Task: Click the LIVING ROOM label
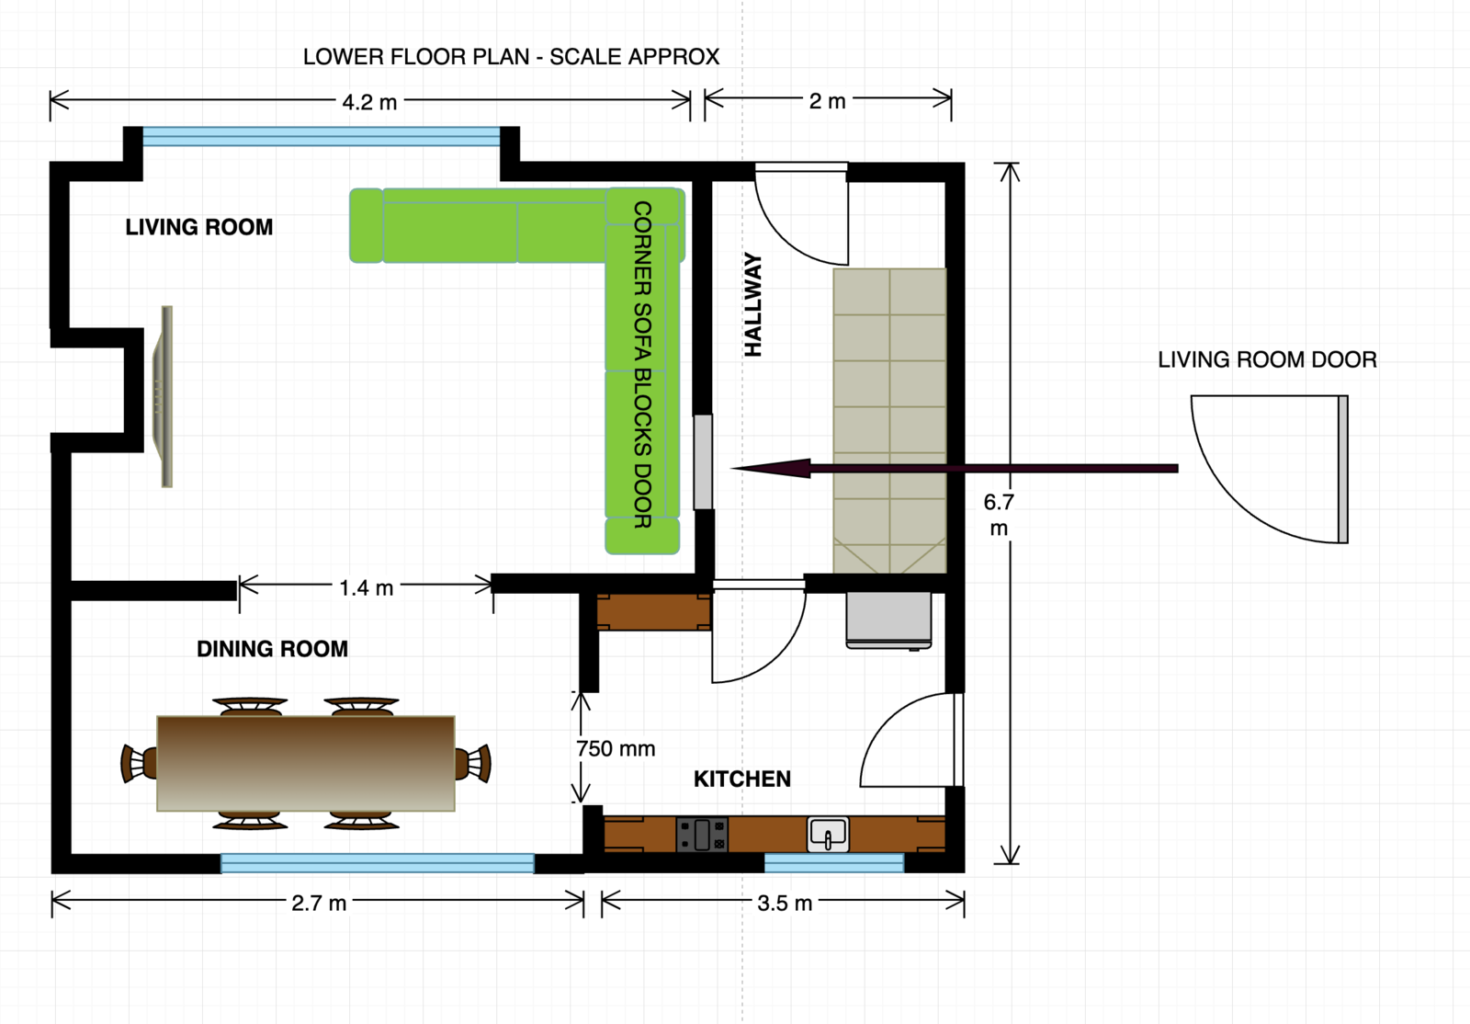[198, 227]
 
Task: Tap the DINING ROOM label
[272, 649]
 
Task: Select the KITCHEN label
[742, 779]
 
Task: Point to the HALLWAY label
[752, 304]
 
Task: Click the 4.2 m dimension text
[369, 102]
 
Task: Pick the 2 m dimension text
[827, 101]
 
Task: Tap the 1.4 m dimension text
[367, 587]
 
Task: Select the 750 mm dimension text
[616, 748]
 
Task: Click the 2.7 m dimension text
[319, 904]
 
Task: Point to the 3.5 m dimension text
[785, 904]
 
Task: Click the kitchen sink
[828, 835]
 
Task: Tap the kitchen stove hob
[702, 835]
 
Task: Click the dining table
[306, 764]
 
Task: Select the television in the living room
[164, 396]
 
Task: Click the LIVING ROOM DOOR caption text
[1267, 359]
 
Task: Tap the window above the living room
[322, 137]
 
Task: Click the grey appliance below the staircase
[888, 620]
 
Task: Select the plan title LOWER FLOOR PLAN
[416, 57]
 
